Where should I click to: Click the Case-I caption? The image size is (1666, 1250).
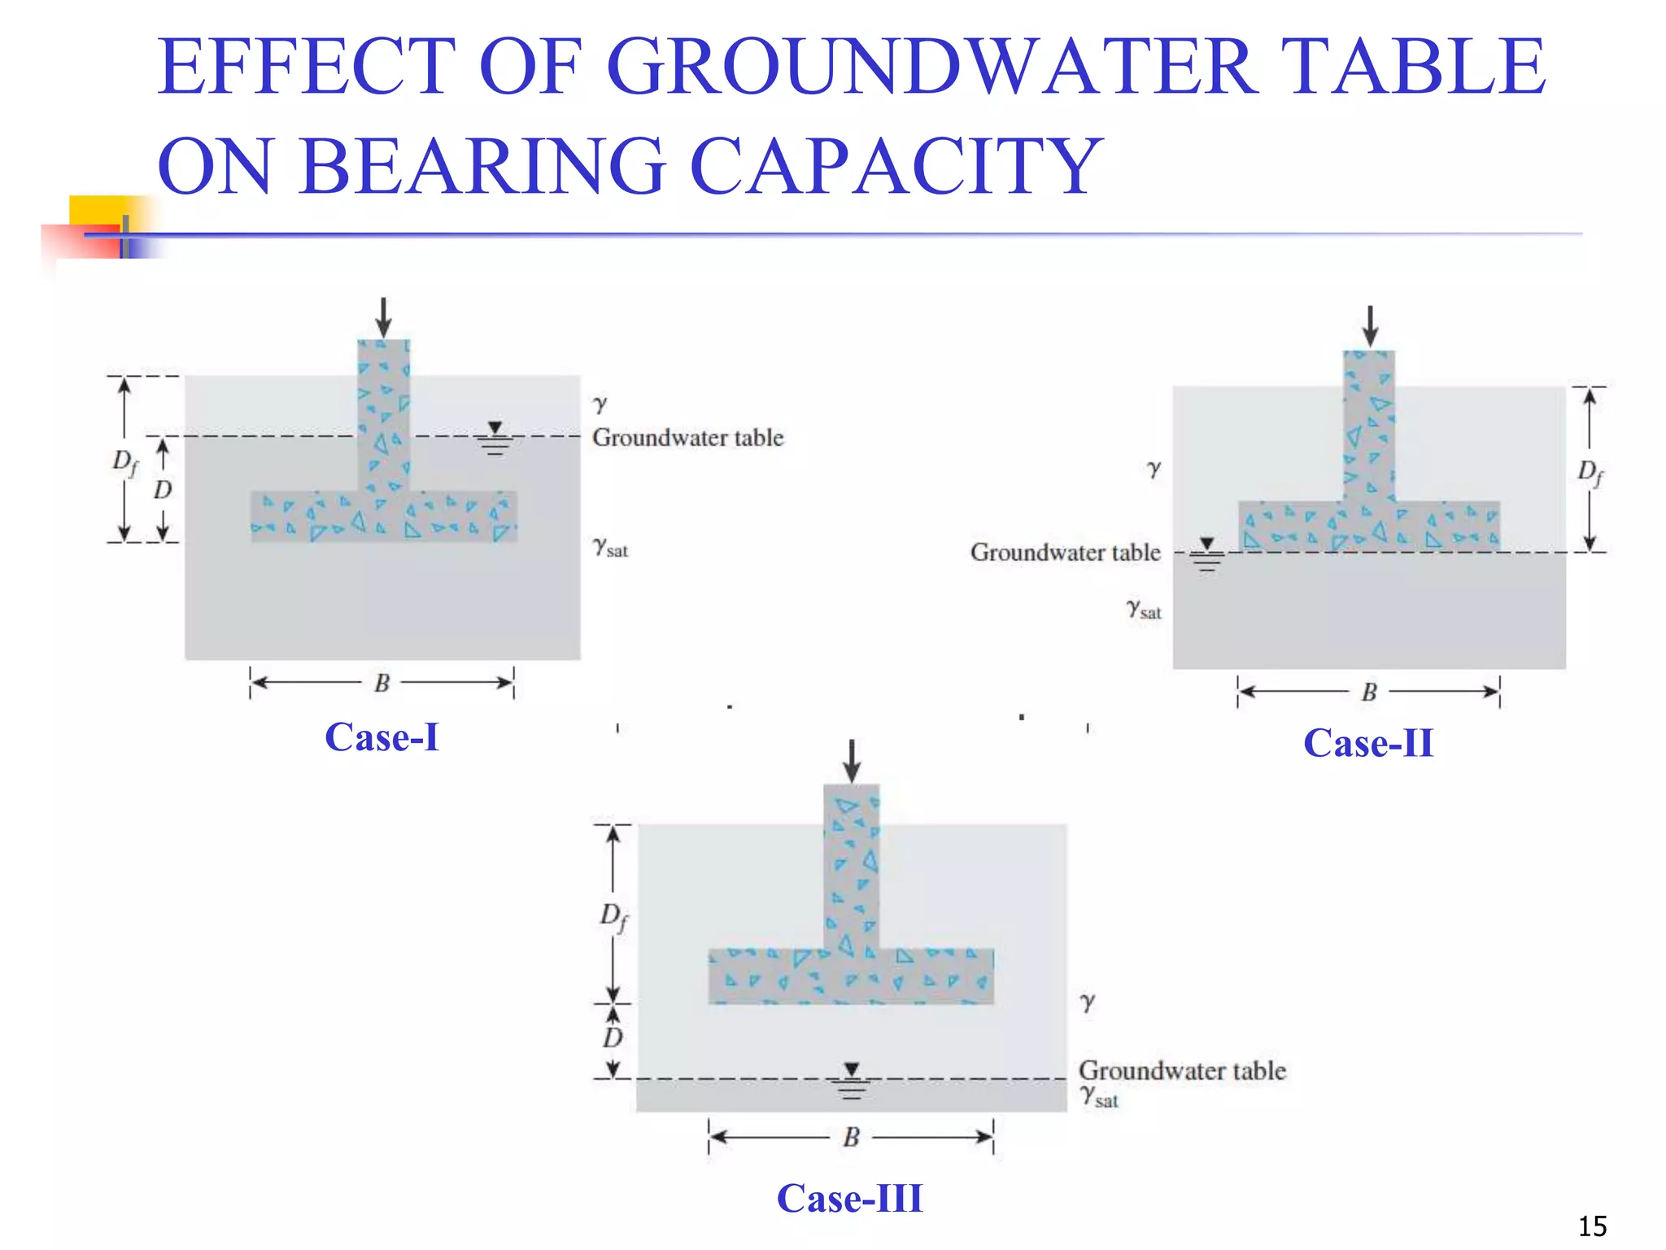tap(382, 737)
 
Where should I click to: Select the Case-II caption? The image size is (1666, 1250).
tap(1368, 743)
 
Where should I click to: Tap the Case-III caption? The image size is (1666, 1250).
tap(850, 1198)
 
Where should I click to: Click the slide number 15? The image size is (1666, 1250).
tap(1592, 1226)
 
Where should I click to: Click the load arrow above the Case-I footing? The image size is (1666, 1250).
tap(384, 317)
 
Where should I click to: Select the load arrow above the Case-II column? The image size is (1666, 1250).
tap(1371, 326)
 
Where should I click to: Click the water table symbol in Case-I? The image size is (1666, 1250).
tap(495, 438)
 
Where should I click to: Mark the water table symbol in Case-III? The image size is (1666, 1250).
tap(852, 1080)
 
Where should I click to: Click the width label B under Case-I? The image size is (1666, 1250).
tap(382, 683)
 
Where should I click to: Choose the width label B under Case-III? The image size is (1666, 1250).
tap(852, 1137)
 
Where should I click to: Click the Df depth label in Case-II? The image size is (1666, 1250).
tap(1590, 472)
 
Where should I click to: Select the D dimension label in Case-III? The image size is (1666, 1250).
tap(613, 1038)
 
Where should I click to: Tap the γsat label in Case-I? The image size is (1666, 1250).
tap(610, 548)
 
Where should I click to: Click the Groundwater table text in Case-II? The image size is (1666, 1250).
tap(1065, 553)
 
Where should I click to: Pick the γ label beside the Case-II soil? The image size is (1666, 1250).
tap(1154, 469)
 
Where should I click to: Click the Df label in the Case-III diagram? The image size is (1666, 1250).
tap(614, 917)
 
